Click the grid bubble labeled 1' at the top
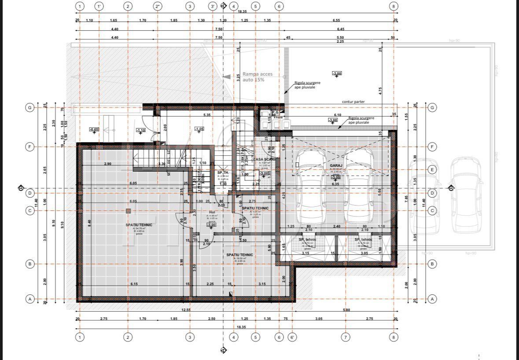coord(99,6)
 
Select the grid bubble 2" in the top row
coord(158,6)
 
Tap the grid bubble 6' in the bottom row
coord(292,337)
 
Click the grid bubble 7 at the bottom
coord(346,337)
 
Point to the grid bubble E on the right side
coord(432,169)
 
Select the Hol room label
coord(212,212)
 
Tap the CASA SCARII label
coord(264,159)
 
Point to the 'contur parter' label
coord(353,102)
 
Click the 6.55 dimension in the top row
coord(336,20)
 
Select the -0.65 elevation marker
coord(94,129)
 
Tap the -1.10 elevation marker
coord(140,130)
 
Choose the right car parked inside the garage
coord(359,185)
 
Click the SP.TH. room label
coord(223,173)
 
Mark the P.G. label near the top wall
coord(276,113)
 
